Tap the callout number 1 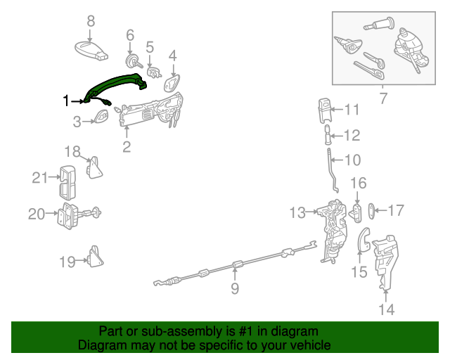[x=67, y=101]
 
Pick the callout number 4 [x=172, y=54]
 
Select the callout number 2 [x=127, y=146]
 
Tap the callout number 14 [x=387, y=309]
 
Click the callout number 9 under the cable [x=235, y=288]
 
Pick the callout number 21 [x=39, y=178]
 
